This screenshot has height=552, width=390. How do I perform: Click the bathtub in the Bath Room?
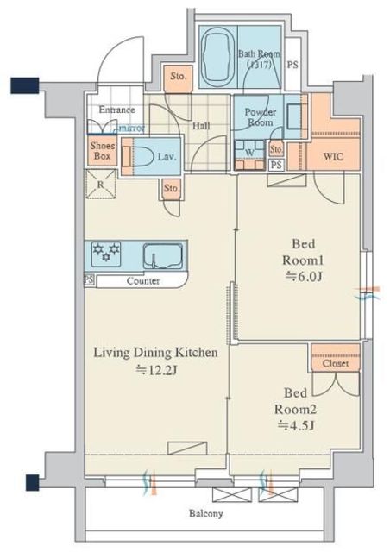coord(217,58)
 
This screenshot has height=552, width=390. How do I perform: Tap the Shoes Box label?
coord(103,151)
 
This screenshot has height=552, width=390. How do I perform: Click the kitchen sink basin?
coord(163,256)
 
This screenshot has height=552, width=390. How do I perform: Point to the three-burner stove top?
coord(106,254)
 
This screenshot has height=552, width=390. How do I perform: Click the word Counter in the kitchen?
coord(143,281)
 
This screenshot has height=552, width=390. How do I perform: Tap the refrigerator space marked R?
coord(101,184)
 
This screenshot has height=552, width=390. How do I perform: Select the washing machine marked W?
coord(249,155)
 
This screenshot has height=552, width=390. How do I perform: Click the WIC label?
coord(333,156)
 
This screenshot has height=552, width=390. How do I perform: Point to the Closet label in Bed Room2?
coord(336,363)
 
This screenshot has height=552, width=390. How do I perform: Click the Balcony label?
coord(206,514)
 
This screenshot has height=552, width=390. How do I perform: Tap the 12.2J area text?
coord(156,370)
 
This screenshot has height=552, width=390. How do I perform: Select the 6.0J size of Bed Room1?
coord(304,277)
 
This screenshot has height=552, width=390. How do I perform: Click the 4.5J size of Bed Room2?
coord(296,426)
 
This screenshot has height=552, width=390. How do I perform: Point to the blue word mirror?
coord(130,129)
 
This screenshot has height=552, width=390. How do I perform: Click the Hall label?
coord(201,126)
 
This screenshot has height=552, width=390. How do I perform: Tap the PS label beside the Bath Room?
coord(292,65)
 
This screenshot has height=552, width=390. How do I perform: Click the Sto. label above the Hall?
coord(179,76)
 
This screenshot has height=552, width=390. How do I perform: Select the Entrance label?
coord(116,110)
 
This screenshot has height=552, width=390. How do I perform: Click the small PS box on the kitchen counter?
coord(90,280)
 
